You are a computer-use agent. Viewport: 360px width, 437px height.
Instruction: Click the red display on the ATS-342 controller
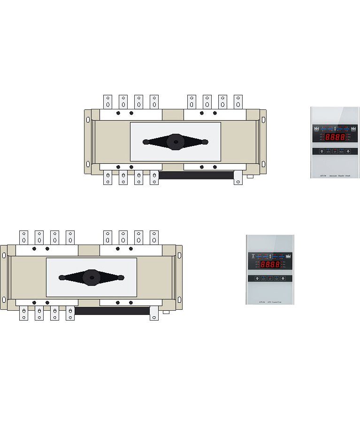coord(335,138)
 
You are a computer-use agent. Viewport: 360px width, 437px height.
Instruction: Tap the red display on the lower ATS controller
coord(270,264)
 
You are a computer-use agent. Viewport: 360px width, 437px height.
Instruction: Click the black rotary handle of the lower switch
coord(92,277)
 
